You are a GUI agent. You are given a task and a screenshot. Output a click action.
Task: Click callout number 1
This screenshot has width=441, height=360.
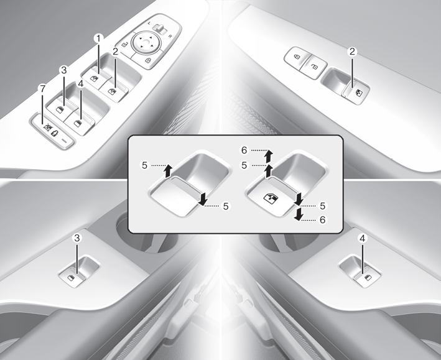[x=98, y=39]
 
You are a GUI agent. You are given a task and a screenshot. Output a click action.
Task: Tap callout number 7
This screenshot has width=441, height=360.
[x=42, y=89]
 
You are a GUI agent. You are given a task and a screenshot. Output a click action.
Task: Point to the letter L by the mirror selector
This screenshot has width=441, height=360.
[x=149, y=23]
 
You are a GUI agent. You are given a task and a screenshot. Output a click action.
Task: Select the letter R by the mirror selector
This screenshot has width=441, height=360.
[x=170, y=36]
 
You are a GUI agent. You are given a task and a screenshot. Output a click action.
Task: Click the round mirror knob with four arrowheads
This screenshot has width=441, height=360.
[x=146, y=42]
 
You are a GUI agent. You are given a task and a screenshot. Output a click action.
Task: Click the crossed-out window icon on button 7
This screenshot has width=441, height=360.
[x=47, y=128]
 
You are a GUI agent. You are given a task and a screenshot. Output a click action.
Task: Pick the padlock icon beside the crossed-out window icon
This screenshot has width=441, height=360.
[x=55, y=133]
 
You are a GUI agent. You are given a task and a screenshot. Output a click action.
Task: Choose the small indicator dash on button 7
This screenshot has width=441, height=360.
[x=65, y=141]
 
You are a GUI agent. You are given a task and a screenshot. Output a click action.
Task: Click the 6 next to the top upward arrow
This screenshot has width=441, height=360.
[x=244, y=150]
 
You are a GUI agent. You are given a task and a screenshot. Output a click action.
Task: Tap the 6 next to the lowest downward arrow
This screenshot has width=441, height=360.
[x=322, y=219]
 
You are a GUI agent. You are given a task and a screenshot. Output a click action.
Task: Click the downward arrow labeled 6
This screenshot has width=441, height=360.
[x=299, y=215]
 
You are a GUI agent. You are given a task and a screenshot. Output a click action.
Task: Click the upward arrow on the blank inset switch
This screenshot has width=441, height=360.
[x=168, y=171]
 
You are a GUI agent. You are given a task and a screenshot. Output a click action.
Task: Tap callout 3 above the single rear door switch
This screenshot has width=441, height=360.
[x=77, y=238]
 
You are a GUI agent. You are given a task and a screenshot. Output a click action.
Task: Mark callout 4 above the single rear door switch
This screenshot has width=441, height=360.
[x=362, y=239]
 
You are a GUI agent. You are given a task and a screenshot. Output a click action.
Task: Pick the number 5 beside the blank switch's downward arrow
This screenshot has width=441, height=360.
[x=226, y=206]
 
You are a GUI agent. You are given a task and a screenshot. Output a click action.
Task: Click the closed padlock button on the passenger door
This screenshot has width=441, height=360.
[x=297, y=57]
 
